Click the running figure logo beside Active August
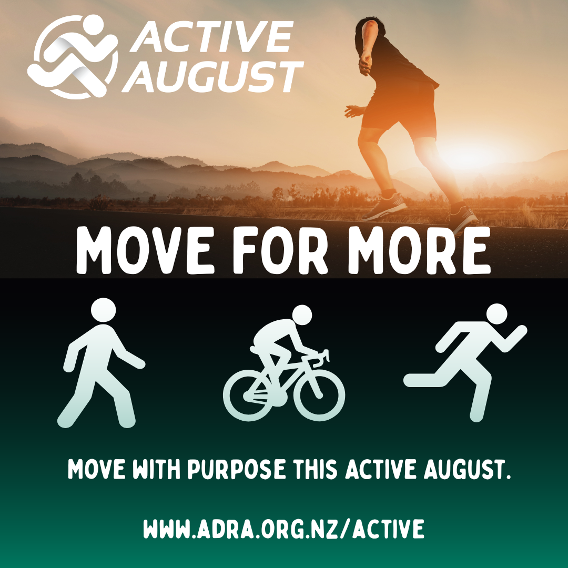(73, 56)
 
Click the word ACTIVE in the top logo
(212, 37)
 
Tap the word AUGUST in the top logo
(213, 76)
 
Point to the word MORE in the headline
(419, 250)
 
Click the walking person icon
(101, 362)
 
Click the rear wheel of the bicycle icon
(248, 395)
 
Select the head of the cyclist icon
(302, 315)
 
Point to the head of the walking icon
(103, 310)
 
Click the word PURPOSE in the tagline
(236, 469)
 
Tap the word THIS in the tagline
(315, 469)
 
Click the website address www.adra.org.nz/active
(283, 529)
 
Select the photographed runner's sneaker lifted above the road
(384, 207)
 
